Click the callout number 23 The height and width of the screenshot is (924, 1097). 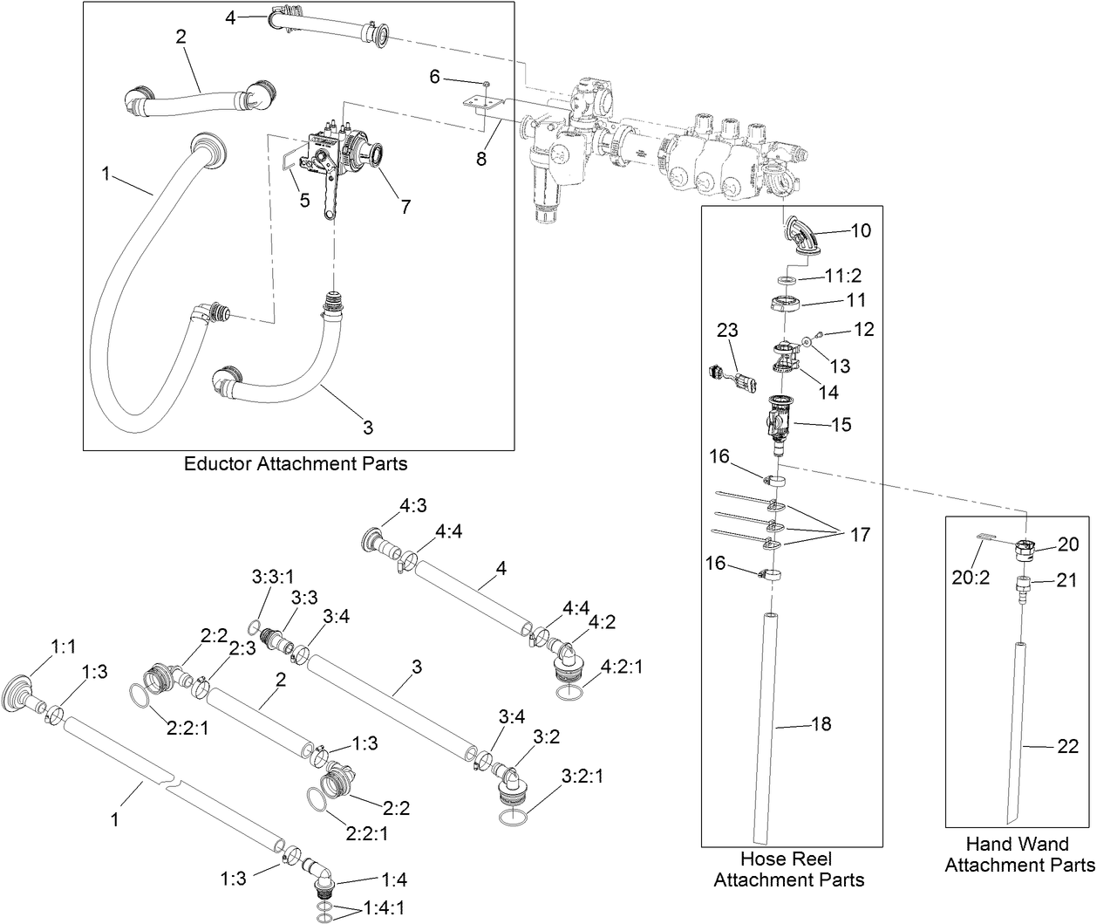[727, 331]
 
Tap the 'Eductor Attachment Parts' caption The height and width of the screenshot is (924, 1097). [296, 463]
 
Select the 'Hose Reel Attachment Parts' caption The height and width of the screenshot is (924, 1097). [789, 869]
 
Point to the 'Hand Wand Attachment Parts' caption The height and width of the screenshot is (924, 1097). [1019, 854]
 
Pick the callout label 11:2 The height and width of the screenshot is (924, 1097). [843, 277]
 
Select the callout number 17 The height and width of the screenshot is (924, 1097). [860, 534]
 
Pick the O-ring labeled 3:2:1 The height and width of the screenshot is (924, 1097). [514, 818]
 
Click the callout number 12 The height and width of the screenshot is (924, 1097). [863, 330]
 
